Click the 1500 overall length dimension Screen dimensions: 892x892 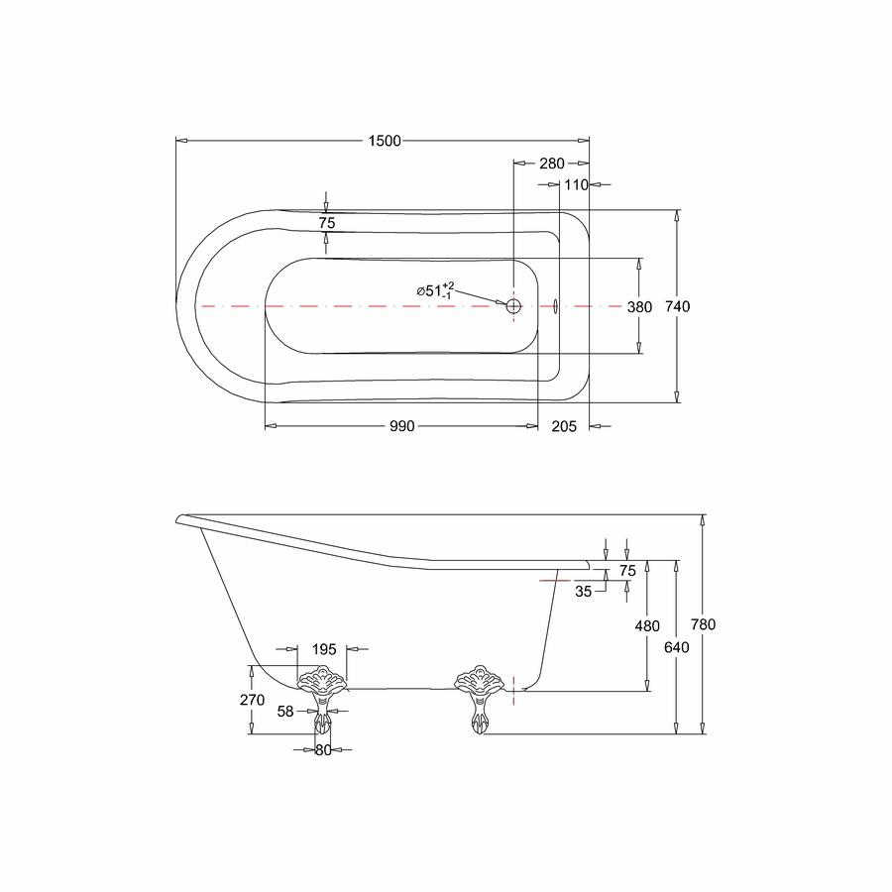point(385,141)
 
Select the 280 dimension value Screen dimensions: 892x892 point(552,164)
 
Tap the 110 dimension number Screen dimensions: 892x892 point(576,185)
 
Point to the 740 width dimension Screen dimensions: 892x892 point(678,306)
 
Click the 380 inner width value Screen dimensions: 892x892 point(639,307)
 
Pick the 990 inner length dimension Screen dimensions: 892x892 point(402,426)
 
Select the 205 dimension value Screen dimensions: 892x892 point(564,426)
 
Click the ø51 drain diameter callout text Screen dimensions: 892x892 point(435,290)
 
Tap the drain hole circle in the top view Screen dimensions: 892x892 point(513,306)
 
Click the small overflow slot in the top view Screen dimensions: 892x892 point(555,306)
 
